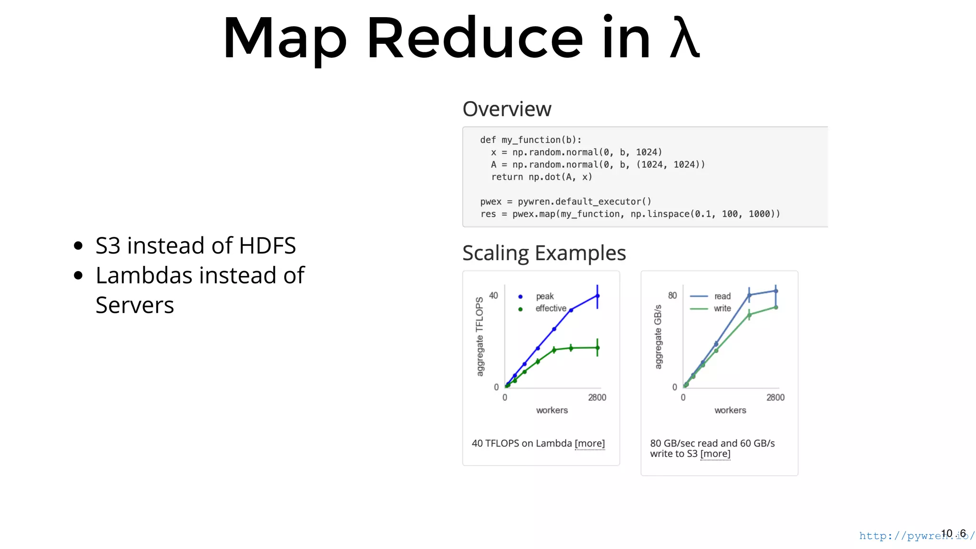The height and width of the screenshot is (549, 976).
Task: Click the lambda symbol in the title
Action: (685, 38)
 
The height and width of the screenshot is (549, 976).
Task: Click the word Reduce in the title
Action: (475, 38)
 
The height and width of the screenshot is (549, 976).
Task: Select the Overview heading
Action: (507, 109)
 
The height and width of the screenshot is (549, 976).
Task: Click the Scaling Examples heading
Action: (544, 253)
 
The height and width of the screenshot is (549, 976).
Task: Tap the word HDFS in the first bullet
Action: (267, 246)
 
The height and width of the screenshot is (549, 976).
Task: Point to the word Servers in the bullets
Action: (135, 305)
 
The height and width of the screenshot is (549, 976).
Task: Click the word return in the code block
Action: (507, 177)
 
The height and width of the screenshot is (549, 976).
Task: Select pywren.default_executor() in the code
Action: (584, 202)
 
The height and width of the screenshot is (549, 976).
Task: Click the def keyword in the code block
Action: (488, 140)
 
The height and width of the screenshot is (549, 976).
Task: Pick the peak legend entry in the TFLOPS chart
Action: (545, 296)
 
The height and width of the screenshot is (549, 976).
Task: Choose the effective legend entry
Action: (550, 309)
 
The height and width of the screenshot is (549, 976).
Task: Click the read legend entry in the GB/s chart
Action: (722, 296)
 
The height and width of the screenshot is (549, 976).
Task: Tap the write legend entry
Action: (722, 309)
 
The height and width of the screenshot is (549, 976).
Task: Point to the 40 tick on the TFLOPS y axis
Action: (493, 295)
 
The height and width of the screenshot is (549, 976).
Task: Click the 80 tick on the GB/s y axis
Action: (672, 295)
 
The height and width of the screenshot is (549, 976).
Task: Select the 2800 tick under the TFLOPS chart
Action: (597, 397)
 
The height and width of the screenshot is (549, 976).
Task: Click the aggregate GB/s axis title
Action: (658, 337)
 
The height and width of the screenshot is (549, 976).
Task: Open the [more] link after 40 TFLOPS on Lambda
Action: (590, 444)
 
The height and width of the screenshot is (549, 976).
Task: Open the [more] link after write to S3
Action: (715, 454)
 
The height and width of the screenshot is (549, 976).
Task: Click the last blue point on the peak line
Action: (597, 296)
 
